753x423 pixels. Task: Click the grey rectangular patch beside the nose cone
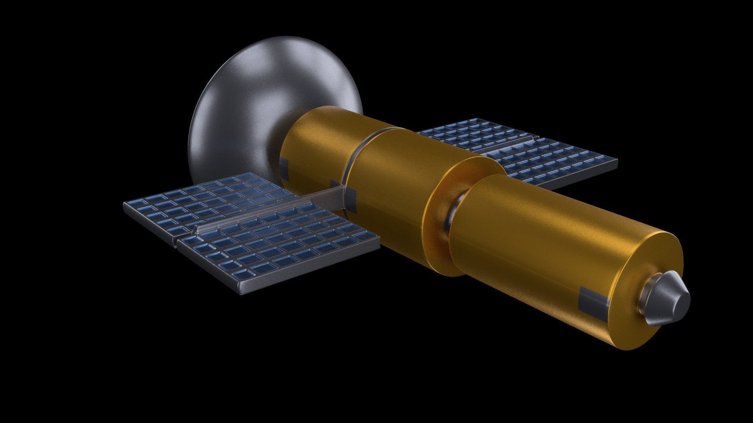[x=593, y=302]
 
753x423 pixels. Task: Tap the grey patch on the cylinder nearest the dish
[x=286, y=169]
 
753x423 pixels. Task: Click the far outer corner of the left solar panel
[x=125, y=204]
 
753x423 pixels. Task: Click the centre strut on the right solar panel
[x=506, y=146]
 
